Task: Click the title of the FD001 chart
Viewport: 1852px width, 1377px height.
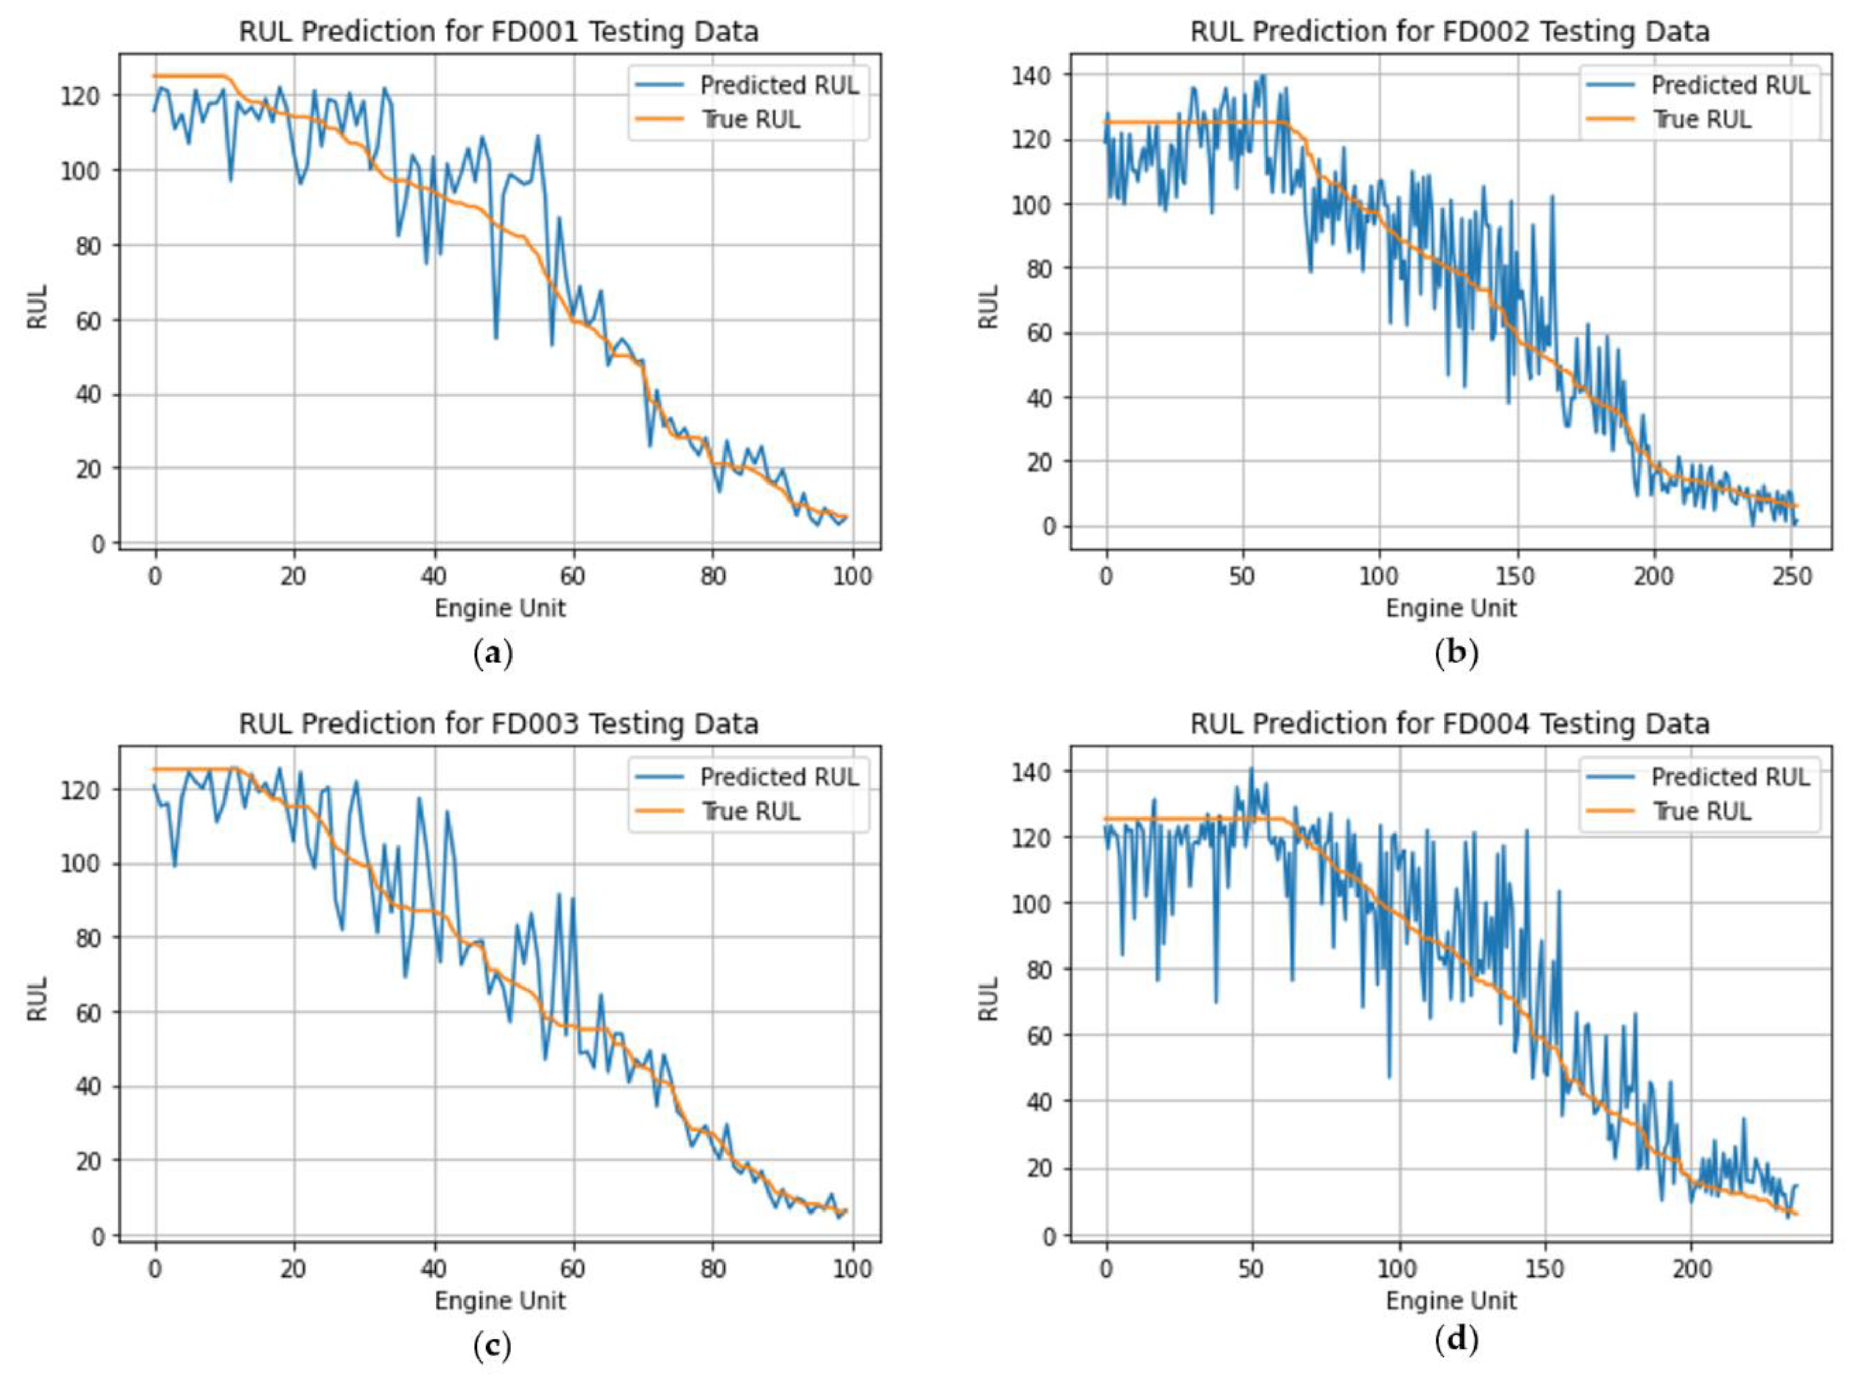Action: click(499, 32)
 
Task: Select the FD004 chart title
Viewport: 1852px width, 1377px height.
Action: click(1450, 723)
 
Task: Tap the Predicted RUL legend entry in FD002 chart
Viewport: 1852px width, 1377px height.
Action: click(1729, 85)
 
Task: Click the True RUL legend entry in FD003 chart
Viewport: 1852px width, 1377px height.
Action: click(749, 811)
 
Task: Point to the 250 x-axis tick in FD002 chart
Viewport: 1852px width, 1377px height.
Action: click(1792, 576)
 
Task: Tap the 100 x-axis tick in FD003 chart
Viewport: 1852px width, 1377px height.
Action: click(852, 1268)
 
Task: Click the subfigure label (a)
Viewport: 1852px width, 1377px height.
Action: click(492, 654)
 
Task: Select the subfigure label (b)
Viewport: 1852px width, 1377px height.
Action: click(1456, 654)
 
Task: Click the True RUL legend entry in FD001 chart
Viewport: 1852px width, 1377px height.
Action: click(749, 119)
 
